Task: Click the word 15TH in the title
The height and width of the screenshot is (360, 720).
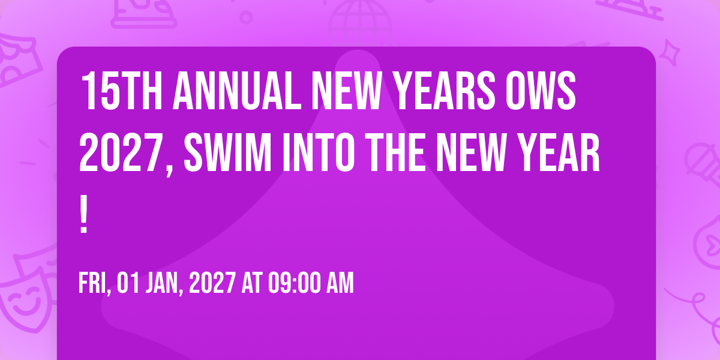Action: [122, 91]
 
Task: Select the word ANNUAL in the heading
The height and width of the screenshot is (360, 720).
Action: [237, 91]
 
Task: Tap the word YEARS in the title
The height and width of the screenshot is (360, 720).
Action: [444, 91]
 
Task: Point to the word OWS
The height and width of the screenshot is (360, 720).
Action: [541, 91]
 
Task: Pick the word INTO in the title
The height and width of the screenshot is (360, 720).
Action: [318, 153]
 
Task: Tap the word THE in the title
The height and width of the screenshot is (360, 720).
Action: [395, 153]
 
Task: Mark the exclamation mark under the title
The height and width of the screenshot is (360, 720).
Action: [83, 214]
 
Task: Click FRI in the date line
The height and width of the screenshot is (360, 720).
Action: [92, 283]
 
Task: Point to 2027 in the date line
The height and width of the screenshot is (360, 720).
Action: [212, 283]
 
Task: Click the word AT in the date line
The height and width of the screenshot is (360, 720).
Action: [253, 283]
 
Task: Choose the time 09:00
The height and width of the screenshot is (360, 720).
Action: [295, 283]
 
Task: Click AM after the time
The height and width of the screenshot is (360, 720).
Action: [340, 283]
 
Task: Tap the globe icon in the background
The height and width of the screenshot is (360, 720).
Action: [361, 22]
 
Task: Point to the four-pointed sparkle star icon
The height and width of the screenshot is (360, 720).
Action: [670, 53]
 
